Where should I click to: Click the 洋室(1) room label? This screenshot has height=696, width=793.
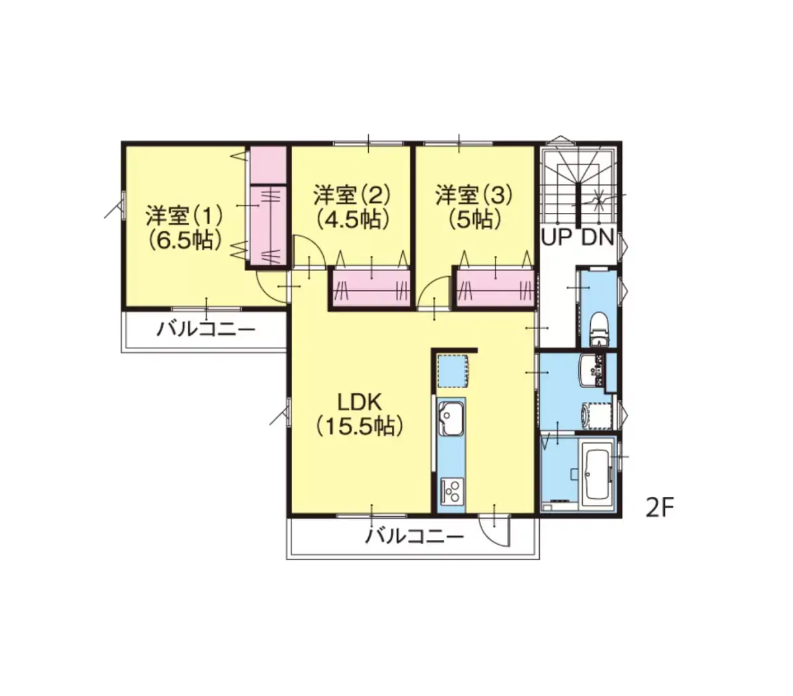coord(184,215)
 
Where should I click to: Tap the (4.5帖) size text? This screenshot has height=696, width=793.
coord(352,220)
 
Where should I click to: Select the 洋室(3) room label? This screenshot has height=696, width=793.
coord(474,195)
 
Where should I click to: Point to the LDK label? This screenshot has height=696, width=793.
coord(359,402)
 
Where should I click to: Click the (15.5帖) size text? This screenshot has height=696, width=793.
coord(359,426)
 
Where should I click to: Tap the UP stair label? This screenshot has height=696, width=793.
coord(556,237)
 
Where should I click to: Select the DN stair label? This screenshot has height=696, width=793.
coord(597,237)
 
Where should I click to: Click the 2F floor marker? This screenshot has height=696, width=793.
coord(659,508)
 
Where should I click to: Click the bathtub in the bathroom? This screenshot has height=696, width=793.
coord(597,475)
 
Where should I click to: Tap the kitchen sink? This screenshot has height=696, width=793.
coord(451,418)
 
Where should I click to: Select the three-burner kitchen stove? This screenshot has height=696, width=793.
coord(452,490)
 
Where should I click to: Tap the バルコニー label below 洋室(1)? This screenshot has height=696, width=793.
coord(206,330)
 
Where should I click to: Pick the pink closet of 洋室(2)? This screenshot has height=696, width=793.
coord(371,288)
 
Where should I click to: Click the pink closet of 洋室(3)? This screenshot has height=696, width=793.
coord(496,288)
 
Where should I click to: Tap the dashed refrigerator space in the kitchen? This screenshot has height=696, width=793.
coord(453,371)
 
